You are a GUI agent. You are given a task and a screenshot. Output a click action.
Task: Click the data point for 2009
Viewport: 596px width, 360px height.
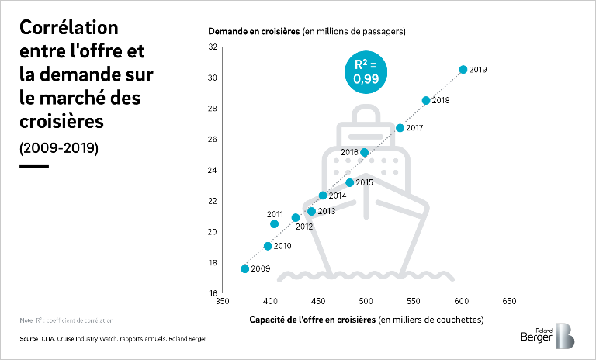click(x=245, y=268)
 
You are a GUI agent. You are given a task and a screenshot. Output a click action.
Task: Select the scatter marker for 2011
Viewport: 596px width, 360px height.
click(x=274, y=224)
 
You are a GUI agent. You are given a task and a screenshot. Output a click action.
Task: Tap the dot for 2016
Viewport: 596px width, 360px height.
click(x=365, y=152)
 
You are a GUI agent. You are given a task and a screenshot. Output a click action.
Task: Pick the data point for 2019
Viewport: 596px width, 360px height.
click(x=463, y=70)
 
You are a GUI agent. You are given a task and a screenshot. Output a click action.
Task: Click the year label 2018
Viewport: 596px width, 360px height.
click(x=441, y=101)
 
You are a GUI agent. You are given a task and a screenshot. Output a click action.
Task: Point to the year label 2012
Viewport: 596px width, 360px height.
click(x=304, y=227)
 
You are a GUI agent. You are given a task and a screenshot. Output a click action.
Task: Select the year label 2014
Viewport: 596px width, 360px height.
click(x=338, y=196)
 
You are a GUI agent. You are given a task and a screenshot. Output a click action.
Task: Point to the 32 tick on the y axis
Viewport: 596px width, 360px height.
click(x=213, y=47)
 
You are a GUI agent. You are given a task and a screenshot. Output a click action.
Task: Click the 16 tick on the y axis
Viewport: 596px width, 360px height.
click(x=213, y=293)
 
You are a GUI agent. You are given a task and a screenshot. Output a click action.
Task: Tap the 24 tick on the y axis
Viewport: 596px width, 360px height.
click(x=213, y=170)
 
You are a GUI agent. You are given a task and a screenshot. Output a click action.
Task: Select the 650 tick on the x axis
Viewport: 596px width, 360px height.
click(x=510, y=301)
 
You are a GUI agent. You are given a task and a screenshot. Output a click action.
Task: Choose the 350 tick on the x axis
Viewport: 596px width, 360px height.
click(x=223, y=301)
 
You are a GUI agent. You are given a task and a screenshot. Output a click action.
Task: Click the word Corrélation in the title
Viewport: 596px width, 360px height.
click(x=68, y=29)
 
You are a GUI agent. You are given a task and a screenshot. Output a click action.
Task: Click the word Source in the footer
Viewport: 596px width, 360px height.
click(x=29, y=339)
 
